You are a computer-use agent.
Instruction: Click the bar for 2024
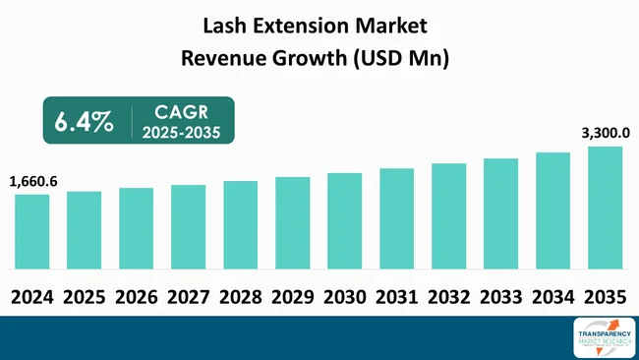31,231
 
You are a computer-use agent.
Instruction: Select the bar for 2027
188,226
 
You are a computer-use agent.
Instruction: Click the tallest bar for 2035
605,208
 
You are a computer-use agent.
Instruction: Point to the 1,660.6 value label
33,181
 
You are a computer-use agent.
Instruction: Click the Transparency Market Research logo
602,338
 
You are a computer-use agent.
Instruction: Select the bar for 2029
292,222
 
